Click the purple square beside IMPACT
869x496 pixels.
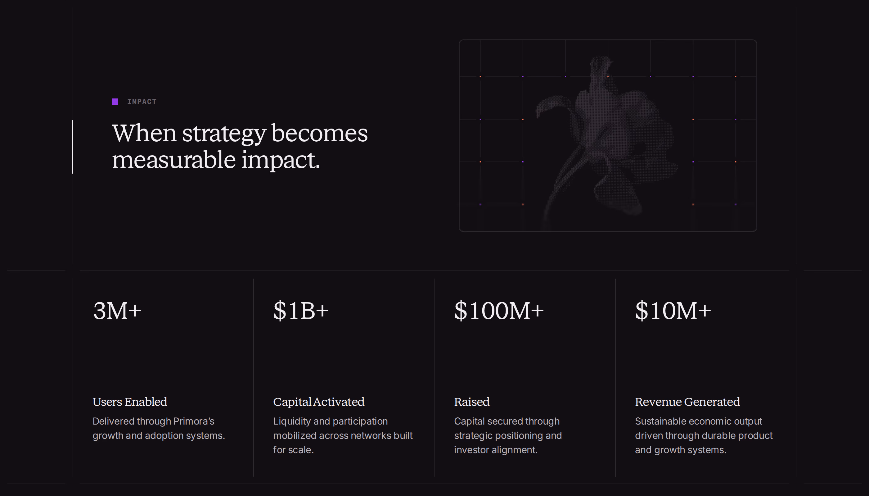pos(115,102)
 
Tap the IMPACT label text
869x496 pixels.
pos(142,102)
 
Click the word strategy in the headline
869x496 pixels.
pos(224,134)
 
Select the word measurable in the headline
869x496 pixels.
pos(173,159)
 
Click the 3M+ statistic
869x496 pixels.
pos(117,310)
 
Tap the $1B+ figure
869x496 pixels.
pos(301,310)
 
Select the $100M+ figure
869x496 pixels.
pos(499,310)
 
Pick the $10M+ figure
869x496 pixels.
pos(673,310)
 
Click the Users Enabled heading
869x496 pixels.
pos(130,402)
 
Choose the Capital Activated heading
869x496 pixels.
pos(319,402)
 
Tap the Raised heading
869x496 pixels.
pos(472,402)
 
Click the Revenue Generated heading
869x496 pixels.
pos(687,402)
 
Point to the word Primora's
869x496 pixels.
pos(194,421)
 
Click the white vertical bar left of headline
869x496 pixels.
pos(73,147)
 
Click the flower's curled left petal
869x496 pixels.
pos(553,104)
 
